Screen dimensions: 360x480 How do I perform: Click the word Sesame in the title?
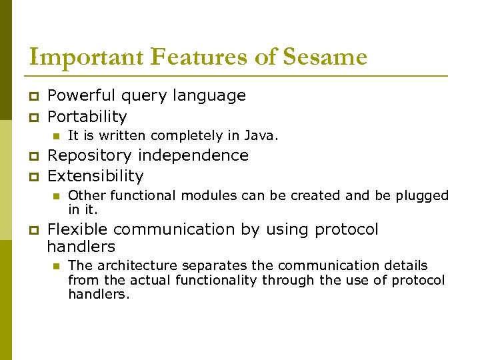coord(325,57)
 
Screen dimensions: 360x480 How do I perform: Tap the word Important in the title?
coord(85,57)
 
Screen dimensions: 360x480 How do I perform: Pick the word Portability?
coord(87,117)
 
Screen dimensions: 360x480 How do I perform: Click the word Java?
coord(263,135)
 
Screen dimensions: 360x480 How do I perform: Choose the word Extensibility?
coord(95,176)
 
